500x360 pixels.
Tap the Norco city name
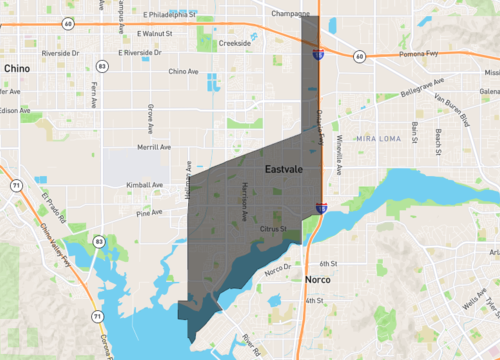pyautogui.click(x=318, y=281)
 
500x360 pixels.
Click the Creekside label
pyautogui.click(x=234, y=44)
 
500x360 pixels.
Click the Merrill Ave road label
pyautogui.click(x=154, y=146)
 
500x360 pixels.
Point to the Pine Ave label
pyautogui.click(x=149, y=212)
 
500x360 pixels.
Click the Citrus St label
pyautogui.click(x=273, y=229)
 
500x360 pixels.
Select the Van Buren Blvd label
pyautogui.click(x=450, y=106)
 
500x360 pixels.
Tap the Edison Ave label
pyautogui.click(x=15, y=110)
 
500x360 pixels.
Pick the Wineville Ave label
pyautogui.click(x=339, y=150)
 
